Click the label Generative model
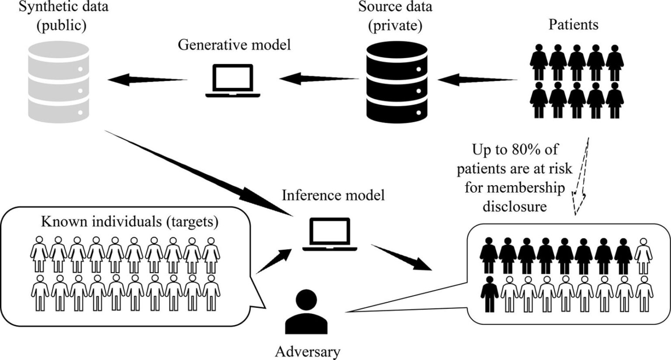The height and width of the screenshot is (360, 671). tap(234, 45)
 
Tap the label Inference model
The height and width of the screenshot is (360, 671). tap(333, 195)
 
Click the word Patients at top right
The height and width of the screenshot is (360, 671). tap(573, 24)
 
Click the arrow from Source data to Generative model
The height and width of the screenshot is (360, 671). tap(319, 79)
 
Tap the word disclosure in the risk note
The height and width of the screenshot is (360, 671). tap(515, 206)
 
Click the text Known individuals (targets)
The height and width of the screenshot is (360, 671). tap(129, 222)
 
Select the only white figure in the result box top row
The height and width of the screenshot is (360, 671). tap(644, 255)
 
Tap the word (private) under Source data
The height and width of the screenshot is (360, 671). tap(395, 26)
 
